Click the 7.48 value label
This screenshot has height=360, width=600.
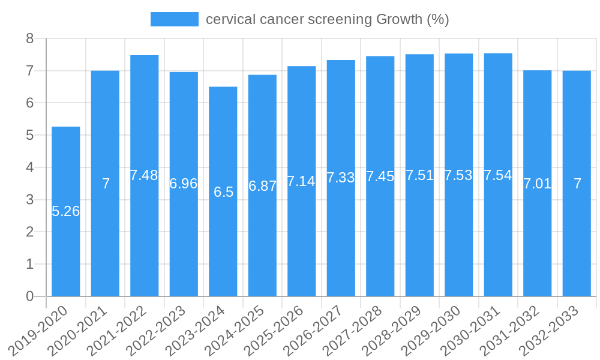click(x=144, y=175)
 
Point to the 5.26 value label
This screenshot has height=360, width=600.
click(x=66, y=211)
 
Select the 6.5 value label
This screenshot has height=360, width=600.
click(x=223, y=192)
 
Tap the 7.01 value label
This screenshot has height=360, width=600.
click(x=537, y=184)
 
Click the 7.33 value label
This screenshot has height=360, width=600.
click(x=341, y=178)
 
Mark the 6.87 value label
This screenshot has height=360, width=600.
click(x=262, y=186)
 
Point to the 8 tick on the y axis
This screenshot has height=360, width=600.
click(x=29, y=39)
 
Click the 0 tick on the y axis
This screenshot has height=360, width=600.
click(x=29, y=296)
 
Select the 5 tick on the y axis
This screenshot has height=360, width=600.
click(x=29, y=136)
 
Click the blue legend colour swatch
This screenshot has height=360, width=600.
click(x=174, y=19)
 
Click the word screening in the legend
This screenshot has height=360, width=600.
click(x=340, y=19)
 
